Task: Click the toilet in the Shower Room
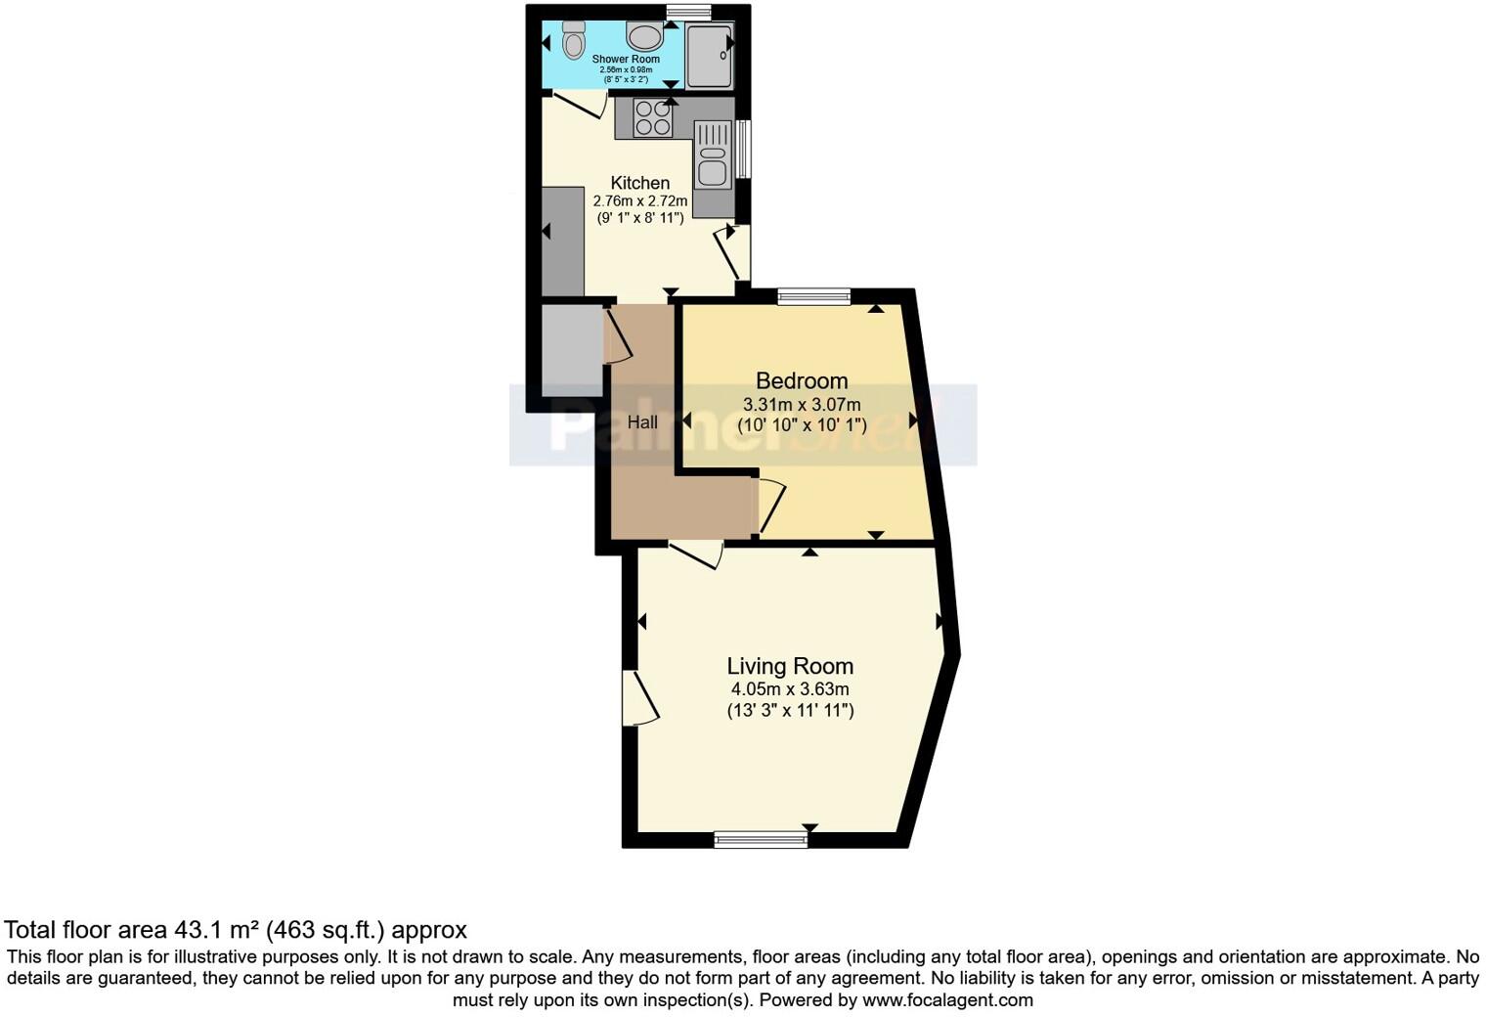[x=573, y=41]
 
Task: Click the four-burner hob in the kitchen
[x=653, y=118]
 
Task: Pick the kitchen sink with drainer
[x=713, y=155]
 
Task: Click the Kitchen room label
[x=640, y=183]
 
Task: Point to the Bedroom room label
[x=802, y=380]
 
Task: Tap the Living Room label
[x=790, y=666]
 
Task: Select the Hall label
[x=642, y=422]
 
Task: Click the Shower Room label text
[x=626, y=60]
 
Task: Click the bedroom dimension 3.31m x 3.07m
[x=802, y=405]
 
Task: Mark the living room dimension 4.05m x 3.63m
[x=790, y=689]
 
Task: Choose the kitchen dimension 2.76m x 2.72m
[x=640, y=200]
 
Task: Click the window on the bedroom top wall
[x=814, y=296]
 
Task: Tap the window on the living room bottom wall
[x=761, y=839]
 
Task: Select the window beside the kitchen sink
[x=744, y=149]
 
